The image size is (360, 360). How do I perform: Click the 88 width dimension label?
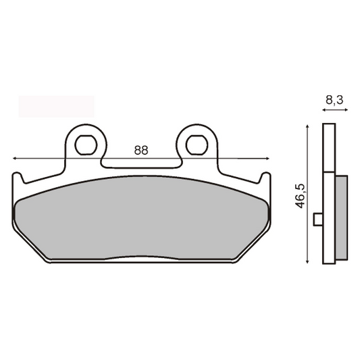pyautogui.click(x=140, y=150)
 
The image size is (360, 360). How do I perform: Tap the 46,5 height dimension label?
pyautogui.click(x=302, y=193)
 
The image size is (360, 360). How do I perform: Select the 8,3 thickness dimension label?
pyautogui.click(x=333, y=100)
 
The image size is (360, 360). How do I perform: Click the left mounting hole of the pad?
pyautogui.click(x=86, y=144)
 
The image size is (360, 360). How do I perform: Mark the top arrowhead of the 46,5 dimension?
pyautogui.click(x=308, y=126)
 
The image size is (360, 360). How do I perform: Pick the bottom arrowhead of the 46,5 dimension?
pyautogui.click(x=308, y=259)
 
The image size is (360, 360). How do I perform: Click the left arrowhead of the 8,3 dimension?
pyautogui.click(x=326, y=110)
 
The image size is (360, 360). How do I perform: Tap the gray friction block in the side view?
pyautogui.click(x=340, y=216)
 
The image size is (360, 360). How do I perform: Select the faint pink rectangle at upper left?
pyautogui.click(x=56, y=107)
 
